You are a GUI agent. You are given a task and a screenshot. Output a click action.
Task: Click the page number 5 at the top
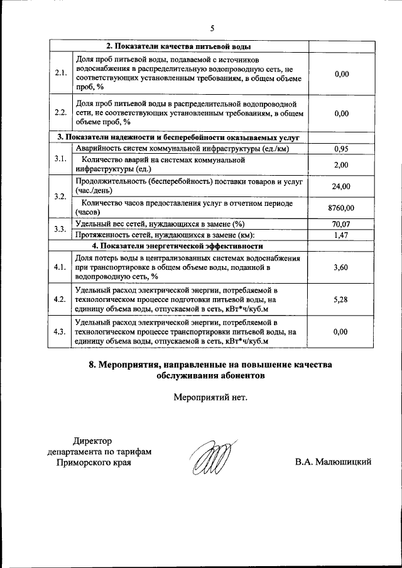tap(212, 28)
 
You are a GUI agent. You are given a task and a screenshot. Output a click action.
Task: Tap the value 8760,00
tap(341, 208)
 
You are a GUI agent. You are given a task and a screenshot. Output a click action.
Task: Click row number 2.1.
tap(60, 73)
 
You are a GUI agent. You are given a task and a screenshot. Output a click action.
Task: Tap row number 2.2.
tap(60, 113)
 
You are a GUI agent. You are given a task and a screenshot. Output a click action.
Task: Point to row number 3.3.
tap(60, 229)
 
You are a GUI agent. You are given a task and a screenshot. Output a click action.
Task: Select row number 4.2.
tap(60, 299)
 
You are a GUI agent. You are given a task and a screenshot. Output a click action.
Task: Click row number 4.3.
tap(60, 331)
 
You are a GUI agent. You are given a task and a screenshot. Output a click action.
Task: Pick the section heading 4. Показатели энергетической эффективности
tap(178, 245)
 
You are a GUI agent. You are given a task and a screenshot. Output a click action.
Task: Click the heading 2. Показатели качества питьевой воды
tap(179, 46)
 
